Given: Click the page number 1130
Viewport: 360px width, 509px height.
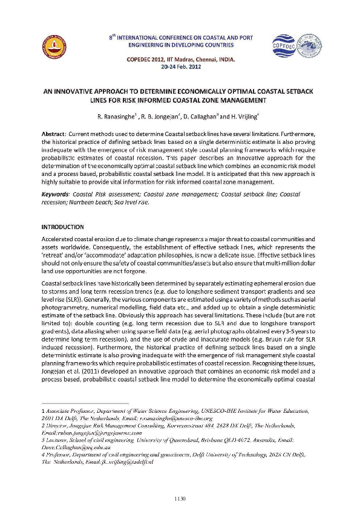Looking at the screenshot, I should (x=179, y=481).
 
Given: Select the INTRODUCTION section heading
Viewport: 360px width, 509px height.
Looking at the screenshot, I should (x=62, y=227).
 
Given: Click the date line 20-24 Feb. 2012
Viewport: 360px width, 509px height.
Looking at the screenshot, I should (x=179, y=66).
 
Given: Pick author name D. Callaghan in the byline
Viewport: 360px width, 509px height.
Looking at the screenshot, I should (x=188, y=114).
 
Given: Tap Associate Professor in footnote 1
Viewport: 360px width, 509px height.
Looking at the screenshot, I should (x=66, y=411).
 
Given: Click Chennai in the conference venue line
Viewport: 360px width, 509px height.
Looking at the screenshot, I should (x=202, y=59).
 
